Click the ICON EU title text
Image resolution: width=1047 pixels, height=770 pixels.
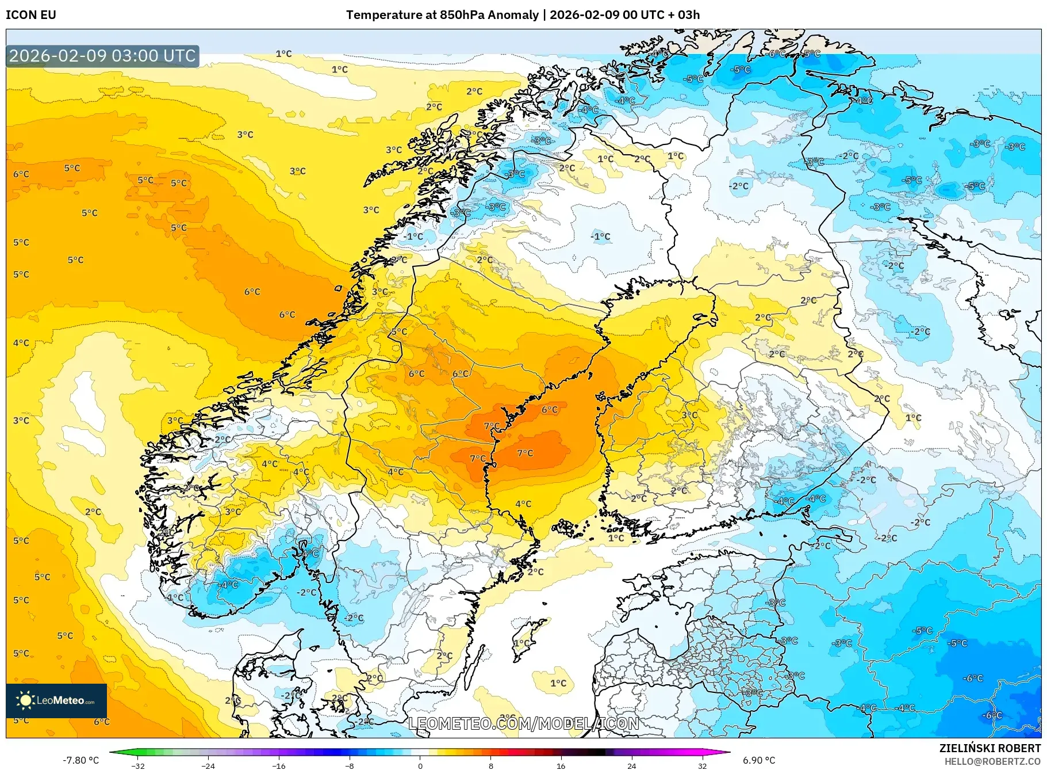[31, 15]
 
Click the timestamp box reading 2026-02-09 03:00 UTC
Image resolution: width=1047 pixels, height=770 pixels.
[102, 56]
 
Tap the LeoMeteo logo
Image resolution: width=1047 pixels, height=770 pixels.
[56, 700]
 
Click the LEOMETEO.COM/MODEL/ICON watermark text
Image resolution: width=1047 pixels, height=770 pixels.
[523, 723]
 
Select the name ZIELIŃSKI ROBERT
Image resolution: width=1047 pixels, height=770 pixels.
[990, 748]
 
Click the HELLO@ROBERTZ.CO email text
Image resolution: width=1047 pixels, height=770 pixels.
[992, 761]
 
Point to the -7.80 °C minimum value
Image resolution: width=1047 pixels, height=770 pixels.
[80, 760]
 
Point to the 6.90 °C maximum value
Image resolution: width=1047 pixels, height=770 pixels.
[759, 760]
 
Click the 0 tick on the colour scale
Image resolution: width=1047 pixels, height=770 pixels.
[420, 765]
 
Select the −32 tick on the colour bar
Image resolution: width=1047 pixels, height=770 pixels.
[138, 765]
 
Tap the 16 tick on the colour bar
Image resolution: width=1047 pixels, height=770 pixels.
[561, 765]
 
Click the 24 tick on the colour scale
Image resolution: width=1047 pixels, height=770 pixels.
[632, 765]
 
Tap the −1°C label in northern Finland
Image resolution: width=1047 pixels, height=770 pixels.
[600, 237]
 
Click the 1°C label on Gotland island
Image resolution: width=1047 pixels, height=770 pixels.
[521, 643]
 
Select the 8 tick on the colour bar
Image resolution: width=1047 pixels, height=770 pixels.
[490, 765]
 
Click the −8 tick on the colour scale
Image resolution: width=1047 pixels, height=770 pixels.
[350, 765]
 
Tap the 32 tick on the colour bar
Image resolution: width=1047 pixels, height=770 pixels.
[702, 765]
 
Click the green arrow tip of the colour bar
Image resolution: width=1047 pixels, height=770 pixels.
[113, 752]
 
